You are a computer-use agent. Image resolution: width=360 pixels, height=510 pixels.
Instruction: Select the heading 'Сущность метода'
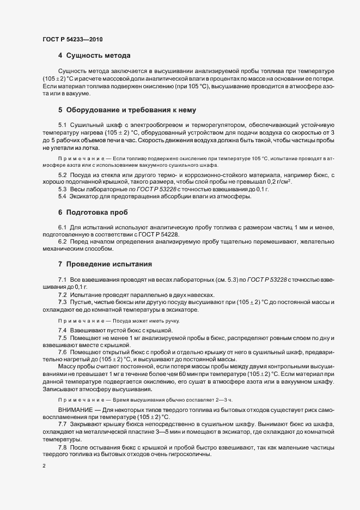pyautogui.click(x=97, y=56)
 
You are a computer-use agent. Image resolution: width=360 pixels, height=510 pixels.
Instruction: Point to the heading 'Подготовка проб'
pyautogui.click(x=96, y=211)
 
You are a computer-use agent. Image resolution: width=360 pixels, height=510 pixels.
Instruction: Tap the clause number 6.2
pyautogui.click(x=63, y=241)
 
